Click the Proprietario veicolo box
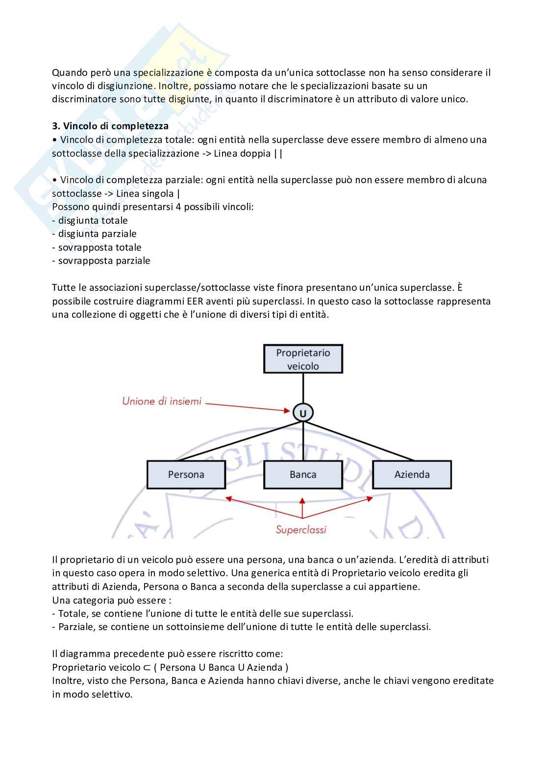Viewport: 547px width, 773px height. pos(303,359)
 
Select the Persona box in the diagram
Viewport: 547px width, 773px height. pos(186,474)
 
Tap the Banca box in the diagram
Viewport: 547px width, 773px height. pos(303,474)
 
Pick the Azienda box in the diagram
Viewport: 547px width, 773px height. pos(412,474)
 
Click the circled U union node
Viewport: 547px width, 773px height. pos(303,413)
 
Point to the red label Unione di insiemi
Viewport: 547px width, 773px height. pos(162,401)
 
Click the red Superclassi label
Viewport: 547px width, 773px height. pos(301,530)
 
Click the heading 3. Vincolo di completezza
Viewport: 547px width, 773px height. pos(110,126)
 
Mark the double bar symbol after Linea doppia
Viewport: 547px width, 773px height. pos(278,154)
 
